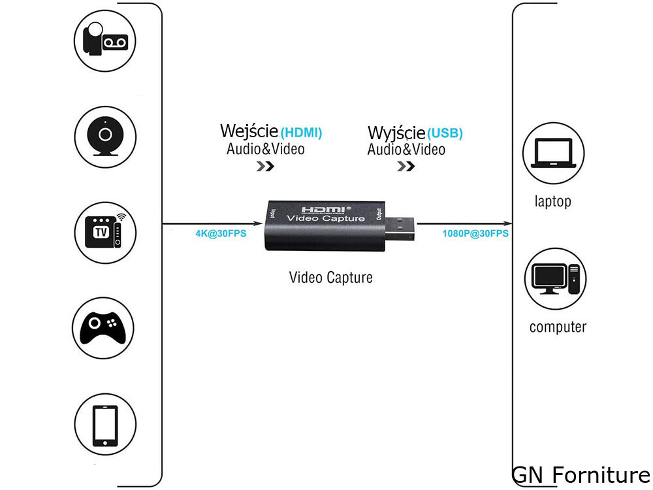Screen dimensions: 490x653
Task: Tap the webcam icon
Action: coord(104,137)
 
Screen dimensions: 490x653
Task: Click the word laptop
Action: coord(552,201)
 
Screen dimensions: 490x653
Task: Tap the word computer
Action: coord(558,327)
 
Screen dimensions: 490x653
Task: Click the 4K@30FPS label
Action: coord(221,233)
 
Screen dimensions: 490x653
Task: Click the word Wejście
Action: coord(249,131)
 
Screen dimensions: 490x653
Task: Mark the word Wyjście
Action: coord(396,133)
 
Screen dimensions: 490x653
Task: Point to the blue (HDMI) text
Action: coord(301,133)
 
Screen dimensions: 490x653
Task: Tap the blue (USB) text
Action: coord(445,134)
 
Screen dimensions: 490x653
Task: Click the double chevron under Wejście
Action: coord(264,166)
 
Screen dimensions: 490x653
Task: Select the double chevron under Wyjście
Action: coord(406,166)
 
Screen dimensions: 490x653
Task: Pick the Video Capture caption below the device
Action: coord(330,277)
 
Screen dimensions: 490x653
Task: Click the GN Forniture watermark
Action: coord(581,475)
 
